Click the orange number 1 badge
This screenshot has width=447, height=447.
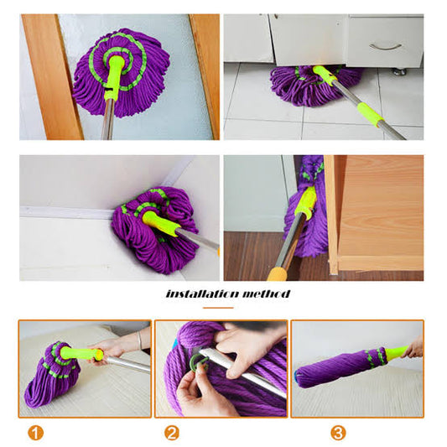click(x=35, y=433)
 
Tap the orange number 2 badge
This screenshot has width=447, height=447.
click(x=172, y=433)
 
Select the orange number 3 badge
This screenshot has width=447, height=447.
click(x=338, y=433)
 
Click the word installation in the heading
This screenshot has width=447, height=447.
click(x=200, y=294)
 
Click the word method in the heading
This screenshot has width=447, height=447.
click(x=266, y=294)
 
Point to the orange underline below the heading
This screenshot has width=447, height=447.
click(x=218, y=308)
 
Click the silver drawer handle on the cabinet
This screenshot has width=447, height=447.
click(x=386, y=46)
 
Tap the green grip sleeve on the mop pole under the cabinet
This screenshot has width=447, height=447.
click(x=370, y=115)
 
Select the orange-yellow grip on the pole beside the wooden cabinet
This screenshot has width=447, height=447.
click(x=278, y=274)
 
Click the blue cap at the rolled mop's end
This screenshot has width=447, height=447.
click(x=297, y=378)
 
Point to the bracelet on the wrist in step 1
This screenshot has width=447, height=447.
click(x=139, y=340)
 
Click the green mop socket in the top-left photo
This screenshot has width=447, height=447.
click(x=114, y=75)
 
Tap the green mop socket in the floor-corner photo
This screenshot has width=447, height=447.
click(x=160, y=223)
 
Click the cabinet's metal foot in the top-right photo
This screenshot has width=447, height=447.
click(x=400, y=71)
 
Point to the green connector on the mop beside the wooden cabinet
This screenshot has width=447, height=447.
click(x=305, y=202)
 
